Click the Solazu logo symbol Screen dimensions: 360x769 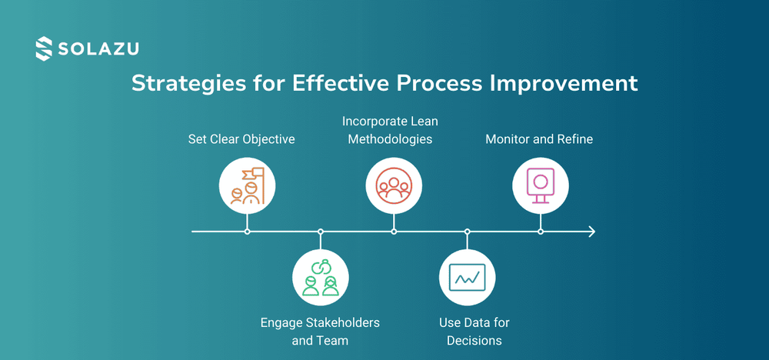point(45,48)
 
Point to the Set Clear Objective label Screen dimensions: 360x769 point(241,139)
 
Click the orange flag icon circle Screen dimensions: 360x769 point(247,185)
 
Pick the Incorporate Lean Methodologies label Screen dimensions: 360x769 point(390,130)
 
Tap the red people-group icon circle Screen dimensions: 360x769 point(394,185)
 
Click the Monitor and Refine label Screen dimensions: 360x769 point(539,139)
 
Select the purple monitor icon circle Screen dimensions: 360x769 point(541,185)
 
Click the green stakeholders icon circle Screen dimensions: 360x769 point(321,277)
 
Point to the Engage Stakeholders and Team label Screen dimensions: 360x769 point(320,331)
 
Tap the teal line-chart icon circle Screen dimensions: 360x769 point(467,277)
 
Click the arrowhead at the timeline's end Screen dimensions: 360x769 point(591,231)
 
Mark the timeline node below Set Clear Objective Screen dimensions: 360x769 point(247,231)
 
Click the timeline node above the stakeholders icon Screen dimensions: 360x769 point(321,231)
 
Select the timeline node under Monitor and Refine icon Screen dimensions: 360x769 point(541,231)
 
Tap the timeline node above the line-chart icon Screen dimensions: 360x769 point(467,231)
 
